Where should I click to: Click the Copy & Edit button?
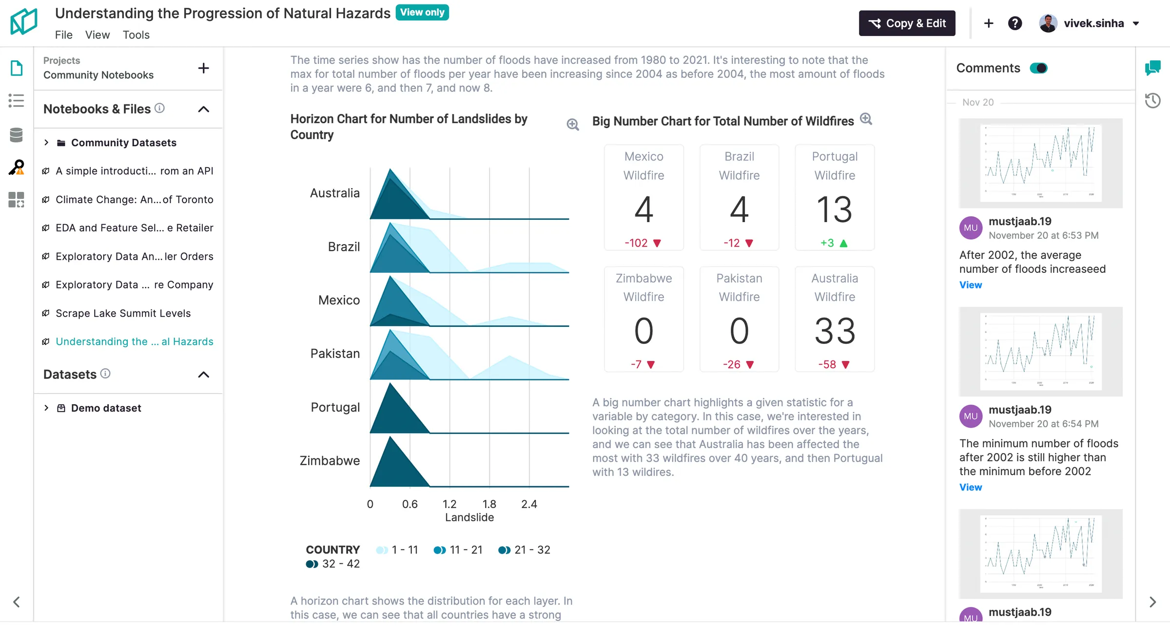907,23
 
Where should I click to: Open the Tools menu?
136,35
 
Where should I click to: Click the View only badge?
422,12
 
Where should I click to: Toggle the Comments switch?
1038,68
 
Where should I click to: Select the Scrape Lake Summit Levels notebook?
123,313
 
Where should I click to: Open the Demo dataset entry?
106,408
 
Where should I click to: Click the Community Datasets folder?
123,143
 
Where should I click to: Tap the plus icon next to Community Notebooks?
204,68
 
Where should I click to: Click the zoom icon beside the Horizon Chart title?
573,125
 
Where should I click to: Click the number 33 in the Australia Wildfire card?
835,331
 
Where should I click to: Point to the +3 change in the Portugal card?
828,243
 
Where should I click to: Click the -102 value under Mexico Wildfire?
636,243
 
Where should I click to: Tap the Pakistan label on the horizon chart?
335,354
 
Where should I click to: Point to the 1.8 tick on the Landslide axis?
489,504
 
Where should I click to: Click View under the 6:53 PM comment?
970,285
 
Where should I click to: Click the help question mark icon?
1015,23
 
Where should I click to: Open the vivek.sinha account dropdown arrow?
1136,23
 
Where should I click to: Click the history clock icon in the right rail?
1152,101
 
